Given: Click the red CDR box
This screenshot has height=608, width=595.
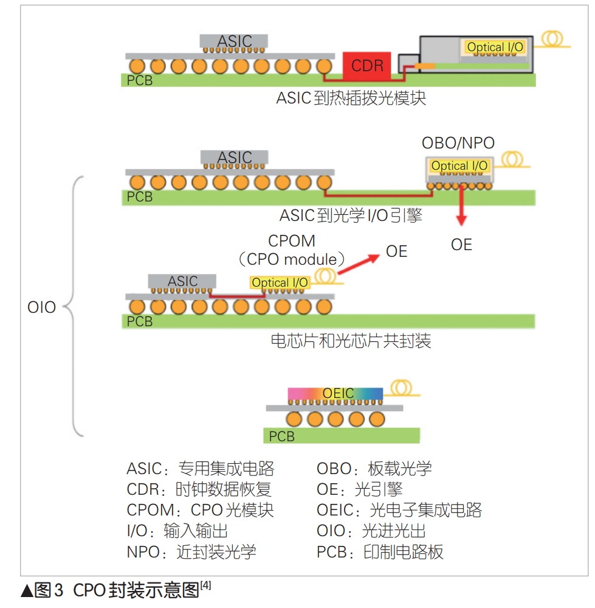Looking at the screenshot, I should [366, 66].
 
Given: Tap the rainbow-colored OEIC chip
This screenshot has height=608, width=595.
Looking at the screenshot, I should [335, 394].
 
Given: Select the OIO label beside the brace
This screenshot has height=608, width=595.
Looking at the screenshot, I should [41, 307].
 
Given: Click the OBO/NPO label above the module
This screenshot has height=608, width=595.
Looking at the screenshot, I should [458, 144].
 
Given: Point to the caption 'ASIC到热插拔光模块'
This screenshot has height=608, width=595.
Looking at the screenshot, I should [351, 98].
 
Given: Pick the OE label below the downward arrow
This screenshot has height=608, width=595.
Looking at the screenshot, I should [461, 245].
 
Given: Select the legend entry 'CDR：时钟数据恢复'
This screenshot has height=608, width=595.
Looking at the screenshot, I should [199, 489].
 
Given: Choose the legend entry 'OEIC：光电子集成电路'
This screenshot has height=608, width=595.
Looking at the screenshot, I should [399, 509].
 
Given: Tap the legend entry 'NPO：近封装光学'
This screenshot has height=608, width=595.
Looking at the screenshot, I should [191, 551].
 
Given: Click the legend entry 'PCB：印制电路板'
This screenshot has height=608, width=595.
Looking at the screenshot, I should [380, 551].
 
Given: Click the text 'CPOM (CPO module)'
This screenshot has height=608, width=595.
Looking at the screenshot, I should [292, 250].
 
